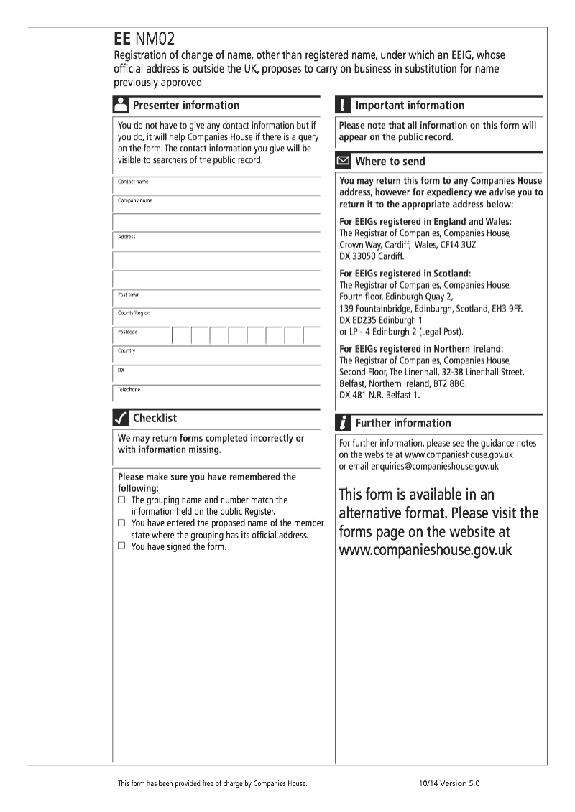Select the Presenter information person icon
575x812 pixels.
coord(121,105)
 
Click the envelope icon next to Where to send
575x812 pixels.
coord(344,162)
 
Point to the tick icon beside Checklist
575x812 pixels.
coord(121,418)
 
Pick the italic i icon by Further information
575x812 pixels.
coord(344,423)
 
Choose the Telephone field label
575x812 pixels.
coord(129,390)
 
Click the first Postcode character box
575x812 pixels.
coord(180,335)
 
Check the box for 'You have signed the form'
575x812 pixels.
coord(121,546)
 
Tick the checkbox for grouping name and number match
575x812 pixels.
coord(121,499)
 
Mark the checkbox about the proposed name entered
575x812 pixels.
coord(121,523)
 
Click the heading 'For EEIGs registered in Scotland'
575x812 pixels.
coord(405,274)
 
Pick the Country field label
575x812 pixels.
coord(126,351)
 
